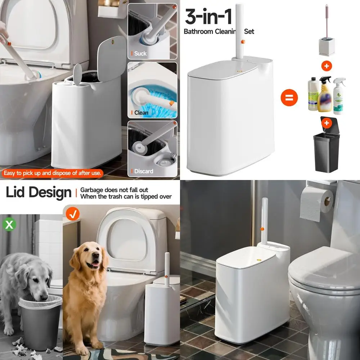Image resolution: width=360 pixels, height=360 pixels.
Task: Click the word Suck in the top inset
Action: pyautogui.click(x=140, y=54)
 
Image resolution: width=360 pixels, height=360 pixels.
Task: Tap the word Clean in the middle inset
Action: pyautogui.click(x=141, y=113)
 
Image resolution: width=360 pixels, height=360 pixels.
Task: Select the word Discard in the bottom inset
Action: pyautogui.click(x=144, y=171)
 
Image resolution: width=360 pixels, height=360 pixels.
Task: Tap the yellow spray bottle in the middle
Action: pyautogui.click(x=325, y=95)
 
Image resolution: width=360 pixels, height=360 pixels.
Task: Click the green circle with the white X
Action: pyautogui.click(x=9, y=225)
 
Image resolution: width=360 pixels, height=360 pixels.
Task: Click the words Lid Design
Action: pyautogui.click(x=39, y=193)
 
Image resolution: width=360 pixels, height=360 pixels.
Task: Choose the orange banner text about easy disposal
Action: pyautogui.click(x=53, y=173)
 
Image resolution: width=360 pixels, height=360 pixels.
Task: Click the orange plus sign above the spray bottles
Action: pyautogui.click(x=327, y=66)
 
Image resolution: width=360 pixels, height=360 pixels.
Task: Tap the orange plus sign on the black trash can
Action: pyautogui.click(x=327, y=123)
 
